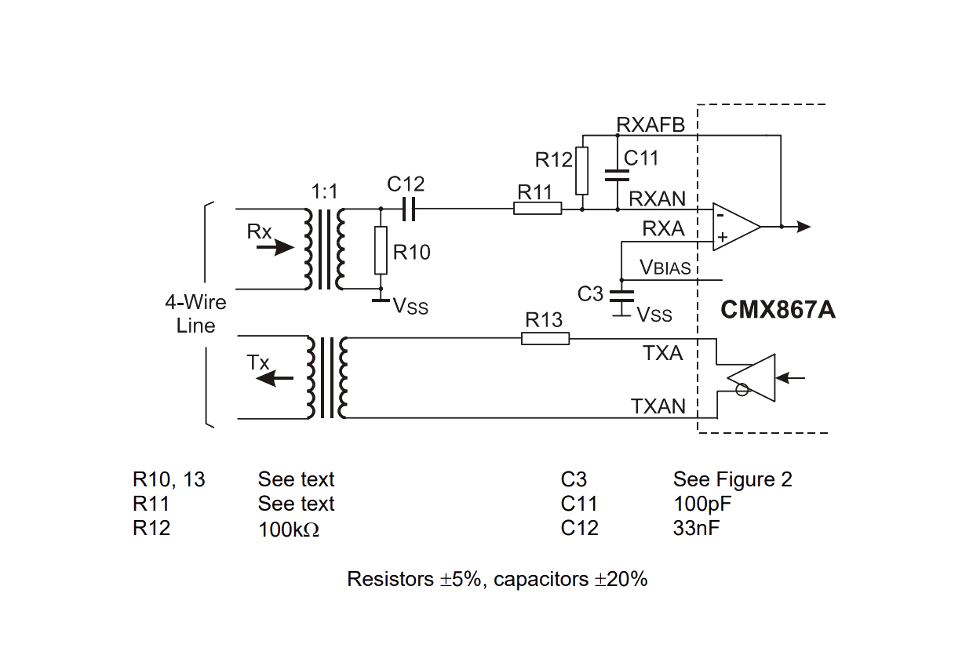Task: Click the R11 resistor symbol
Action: pos(537,209)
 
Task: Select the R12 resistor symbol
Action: pos(582,170)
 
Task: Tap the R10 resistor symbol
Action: pos(381,249)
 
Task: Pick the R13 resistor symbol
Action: pos(545,339)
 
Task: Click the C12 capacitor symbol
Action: pos(409,209)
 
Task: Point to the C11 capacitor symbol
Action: pos(618,175)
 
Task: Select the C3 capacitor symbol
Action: pos(621,297)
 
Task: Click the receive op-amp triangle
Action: pos(736,227)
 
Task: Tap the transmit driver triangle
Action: pos(752,378)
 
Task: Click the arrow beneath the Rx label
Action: pos(275,247)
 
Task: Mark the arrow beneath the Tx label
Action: pos(275,378)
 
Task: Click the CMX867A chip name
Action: pos(778,310)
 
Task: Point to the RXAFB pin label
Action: pos(650,125)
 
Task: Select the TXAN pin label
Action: pos(658,406)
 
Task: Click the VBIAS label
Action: pos(665,267)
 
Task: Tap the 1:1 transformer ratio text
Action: pos(325,191)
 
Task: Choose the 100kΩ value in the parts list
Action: pos(289,530)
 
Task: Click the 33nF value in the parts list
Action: pos(696,529)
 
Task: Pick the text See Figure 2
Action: pos(733,479)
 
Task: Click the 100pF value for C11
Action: pos(702,504)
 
